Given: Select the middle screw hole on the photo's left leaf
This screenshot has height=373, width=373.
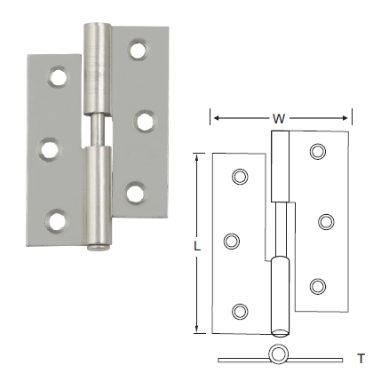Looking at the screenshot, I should click(50, 146).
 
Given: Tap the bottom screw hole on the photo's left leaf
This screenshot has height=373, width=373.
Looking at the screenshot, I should click(55, 216).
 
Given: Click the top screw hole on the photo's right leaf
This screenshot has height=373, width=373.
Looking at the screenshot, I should click(137, 49).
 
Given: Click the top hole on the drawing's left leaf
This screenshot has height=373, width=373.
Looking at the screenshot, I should click(238, 178).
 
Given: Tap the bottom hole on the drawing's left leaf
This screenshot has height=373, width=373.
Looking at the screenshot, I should click(238, 309).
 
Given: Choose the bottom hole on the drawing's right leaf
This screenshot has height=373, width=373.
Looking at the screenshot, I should click(317, 285).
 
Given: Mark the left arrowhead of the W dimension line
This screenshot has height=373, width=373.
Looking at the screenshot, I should click(213, 115).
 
